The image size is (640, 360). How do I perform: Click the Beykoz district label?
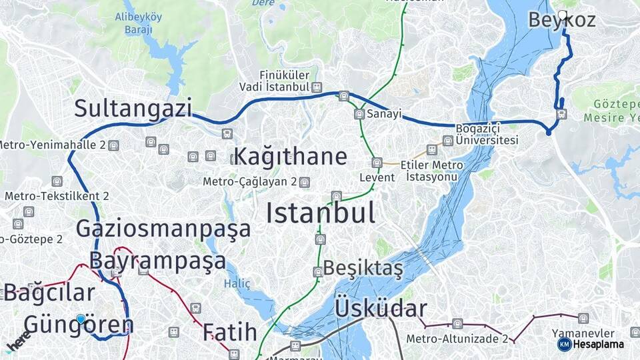tap(561, 21)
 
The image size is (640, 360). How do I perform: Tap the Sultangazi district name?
tap(133, 108)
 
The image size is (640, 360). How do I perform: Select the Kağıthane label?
tap(291, 157)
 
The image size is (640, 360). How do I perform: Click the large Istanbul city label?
tap(320, 213)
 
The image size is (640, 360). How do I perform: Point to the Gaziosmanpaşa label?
tap(163, 228)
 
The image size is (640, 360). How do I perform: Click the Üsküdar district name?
tap(380, 308)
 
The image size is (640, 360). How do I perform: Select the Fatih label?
tap(229, 331)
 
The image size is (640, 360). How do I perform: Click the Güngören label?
tap(79, 325)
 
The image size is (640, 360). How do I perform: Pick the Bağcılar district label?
tap(49, 292)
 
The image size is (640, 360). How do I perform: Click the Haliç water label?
tap(237, 283)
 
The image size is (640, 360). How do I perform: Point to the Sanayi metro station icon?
tap(359, 114)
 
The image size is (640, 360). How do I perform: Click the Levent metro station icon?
tap(377, 163)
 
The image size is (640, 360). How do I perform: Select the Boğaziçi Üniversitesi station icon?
tap(447, 140)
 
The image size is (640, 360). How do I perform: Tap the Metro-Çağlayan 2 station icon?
tap(305, 182)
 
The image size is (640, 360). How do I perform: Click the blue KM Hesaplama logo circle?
tap(564, 344)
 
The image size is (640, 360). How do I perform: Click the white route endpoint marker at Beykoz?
tap(563, 14)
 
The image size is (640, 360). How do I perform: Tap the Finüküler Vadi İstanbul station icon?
tap(317, 87)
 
